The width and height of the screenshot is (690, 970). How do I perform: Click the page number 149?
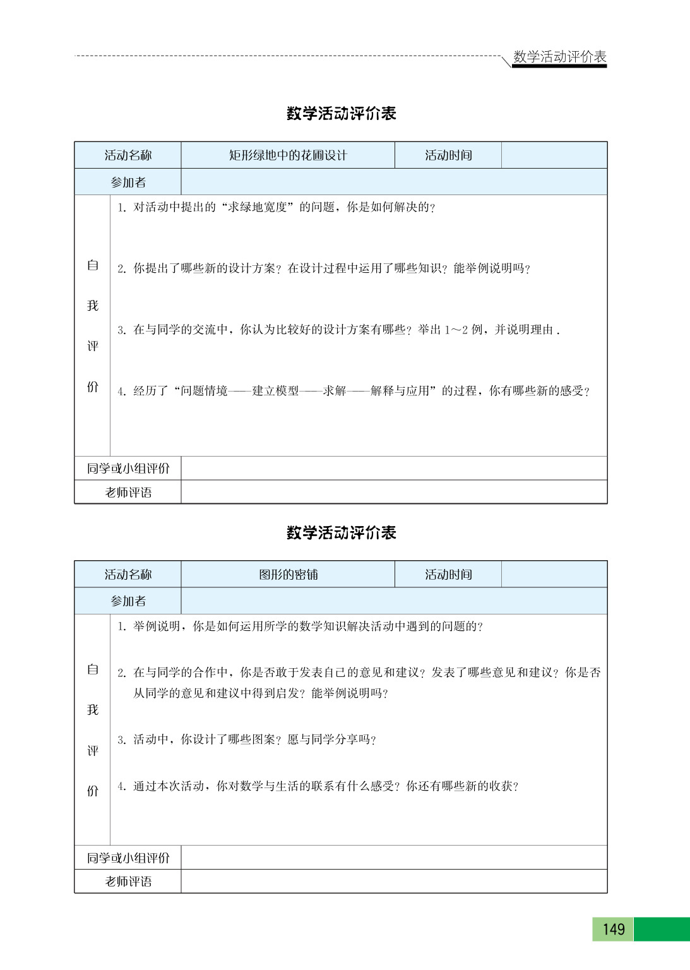click(613, 929)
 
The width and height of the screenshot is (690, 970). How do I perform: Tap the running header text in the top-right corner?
click(559, 57)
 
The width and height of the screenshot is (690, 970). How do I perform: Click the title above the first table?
click(341, 114)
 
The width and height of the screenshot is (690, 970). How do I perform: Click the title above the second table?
click(341, 533)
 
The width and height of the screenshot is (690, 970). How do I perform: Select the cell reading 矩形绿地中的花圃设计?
click(288, 155)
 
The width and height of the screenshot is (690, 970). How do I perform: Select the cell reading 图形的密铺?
click(288, 575)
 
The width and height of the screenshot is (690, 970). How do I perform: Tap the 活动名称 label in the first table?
click(128, 155)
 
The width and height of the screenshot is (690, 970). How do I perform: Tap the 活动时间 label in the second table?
click(448, 575)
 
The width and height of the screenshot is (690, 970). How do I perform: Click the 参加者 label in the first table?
click(128, 183)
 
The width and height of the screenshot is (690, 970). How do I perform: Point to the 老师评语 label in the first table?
click(128, 493)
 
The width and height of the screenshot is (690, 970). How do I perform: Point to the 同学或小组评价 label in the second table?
click(128, 858)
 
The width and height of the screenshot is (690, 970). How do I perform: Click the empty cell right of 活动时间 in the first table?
click(554, 155)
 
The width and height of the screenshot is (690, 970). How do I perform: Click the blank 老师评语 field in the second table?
click(394, 882)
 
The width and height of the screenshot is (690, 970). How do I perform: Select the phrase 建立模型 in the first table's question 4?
click(275, 391)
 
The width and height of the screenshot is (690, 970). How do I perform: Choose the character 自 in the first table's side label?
click(93, 265)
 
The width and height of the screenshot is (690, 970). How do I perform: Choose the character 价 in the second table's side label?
click(93, 791)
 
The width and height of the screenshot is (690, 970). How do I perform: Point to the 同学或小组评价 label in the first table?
click(128, 469)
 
